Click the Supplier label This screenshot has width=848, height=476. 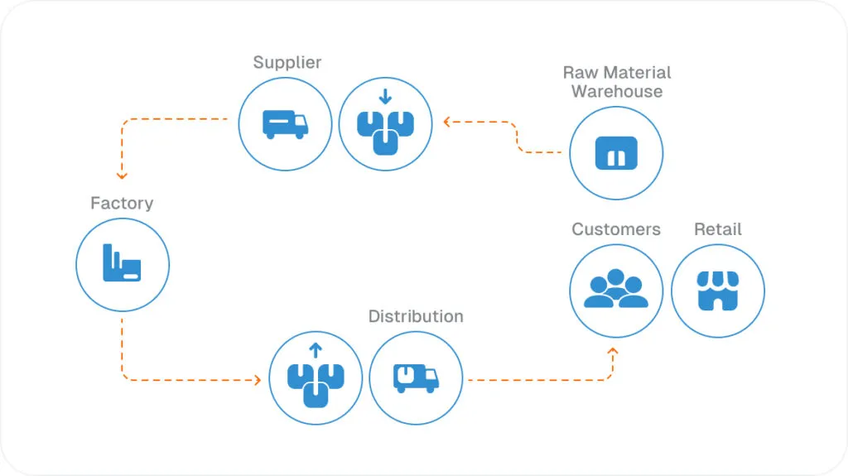[x=287, y=63]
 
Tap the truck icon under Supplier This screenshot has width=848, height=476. [x=285, y=124]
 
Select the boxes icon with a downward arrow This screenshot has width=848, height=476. [x=385, y=125]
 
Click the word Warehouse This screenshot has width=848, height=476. [x=617, y=92]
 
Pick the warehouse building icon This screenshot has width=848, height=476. [x=616, y=153]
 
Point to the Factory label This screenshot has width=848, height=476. [x=122, y=203]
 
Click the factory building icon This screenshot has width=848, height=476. [x=122, y=265]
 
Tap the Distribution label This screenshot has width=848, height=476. [x=416, y=316]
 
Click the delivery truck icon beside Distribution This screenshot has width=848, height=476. [x=416, y=378]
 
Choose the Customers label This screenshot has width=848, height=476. [x=616, y=229]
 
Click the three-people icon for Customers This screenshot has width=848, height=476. [x=616, y=290]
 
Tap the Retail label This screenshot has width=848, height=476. [x=718, y=229]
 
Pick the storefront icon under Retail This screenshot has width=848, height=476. [x=717, y=291]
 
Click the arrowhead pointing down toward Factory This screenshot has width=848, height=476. [x=122, y=175]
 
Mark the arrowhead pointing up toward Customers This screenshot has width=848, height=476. [x=613, y=351]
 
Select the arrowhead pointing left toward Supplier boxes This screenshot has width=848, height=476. [x=446, y=122]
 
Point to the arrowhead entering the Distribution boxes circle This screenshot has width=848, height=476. [x=257, y=380]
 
